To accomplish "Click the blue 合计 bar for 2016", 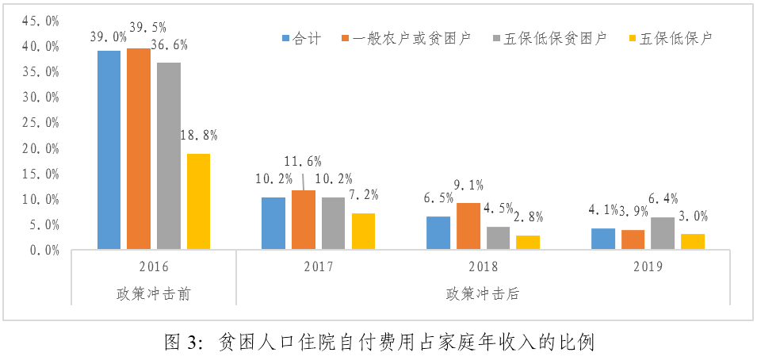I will pyautogui.click(x=109, y=150).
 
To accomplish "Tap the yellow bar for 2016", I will pyautogui.click(x=198, y=201).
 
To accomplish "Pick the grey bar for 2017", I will pyautogui.click(x=333, y=224).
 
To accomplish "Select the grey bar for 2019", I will pyautogui.click(x=663, y=233).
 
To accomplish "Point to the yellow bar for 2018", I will pyautogui.click(x=527, y=243).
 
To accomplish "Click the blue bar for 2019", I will pyautogui.click(x=603, y=239).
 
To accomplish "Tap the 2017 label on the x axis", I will pyautogui.click(x=318, y=266).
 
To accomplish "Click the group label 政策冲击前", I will pyautogui.click(x=152, y=293).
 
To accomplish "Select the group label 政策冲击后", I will pyautogui.click(x=482, y=293).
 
